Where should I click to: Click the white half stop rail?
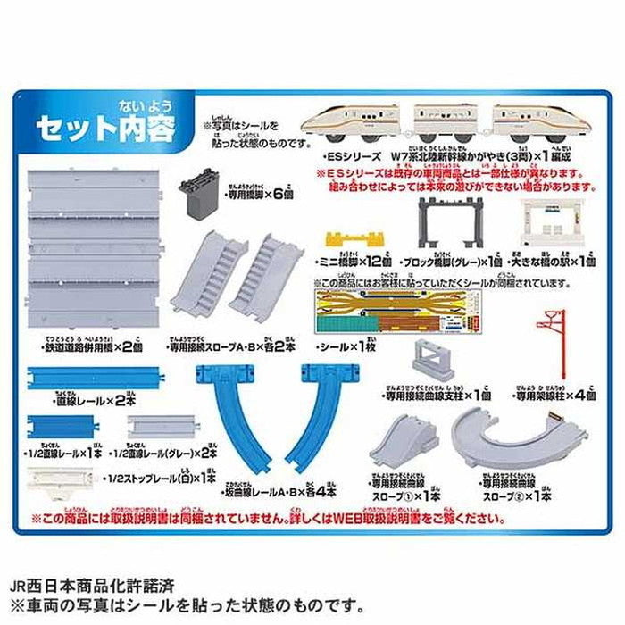click(x=60, y=480)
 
